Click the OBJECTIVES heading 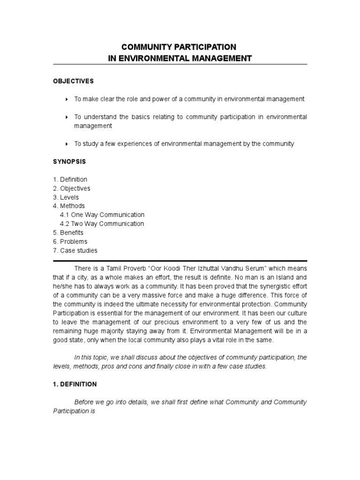click(x=73, y=81)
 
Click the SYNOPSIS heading click(x=69, y=162)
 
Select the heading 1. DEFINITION click(x=75, y=384)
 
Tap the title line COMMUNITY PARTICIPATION click(x=179, y=47)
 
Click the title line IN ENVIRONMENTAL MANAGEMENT click(x=180, y=58)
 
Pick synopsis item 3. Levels click(x=66, y=197)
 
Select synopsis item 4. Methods click(x=69, y=206)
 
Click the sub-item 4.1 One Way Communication click(x=102, y=215)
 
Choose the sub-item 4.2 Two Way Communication click(x=102, y=224)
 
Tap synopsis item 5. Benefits click(x=68, y=233)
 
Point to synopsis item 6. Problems click(x=70, y=242)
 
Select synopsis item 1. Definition click(x=70, y=180)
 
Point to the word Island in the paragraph click(x=283, y=277)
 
